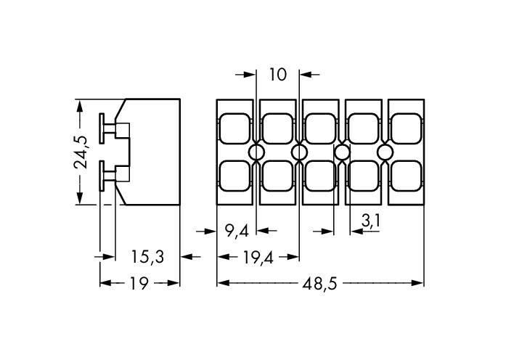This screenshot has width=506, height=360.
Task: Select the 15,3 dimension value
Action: click(x=147, y=256)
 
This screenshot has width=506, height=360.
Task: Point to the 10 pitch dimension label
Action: click(x=277, y=73)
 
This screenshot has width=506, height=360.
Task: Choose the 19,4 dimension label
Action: click(x=258, y=256)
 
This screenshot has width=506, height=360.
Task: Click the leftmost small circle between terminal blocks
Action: click(x=256, y=152)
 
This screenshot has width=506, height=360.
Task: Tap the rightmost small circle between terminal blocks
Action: click(x=385, y=152)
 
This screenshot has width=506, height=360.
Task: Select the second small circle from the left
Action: click(x=299, y=152)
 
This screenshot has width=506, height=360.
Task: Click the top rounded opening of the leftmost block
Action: click(x=234, y=128)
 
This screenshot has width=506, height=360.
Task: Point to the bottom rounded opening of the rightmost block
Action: click(x=406, y=175)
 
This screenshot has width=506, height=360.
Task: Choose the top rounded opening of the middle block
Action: click(x=320, y=128)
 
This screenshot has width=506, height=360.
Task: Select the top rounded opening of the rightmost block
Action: click(x=406, y=128)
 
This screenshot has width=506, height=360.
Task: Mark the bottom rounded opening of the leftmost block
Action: click(x=234, y=175)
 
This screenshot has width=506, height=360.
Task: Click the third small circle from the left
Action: click(x=342, y=152)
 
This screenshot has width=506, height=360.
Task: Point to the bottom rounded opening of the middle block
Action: click(x=320, y=175)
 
